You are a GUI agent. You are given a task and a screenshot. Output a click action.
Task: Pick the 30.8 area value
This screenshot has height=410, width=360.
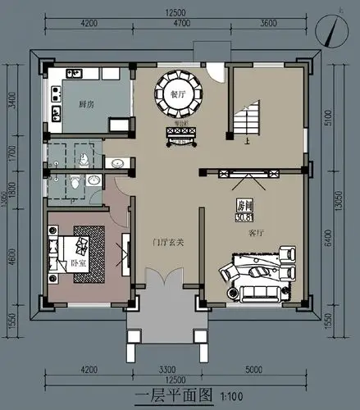(x=244, y=217)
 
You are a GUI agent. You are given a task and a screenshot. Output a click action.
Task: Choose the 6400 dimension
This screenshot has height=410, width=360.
(x=329, y=236)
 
